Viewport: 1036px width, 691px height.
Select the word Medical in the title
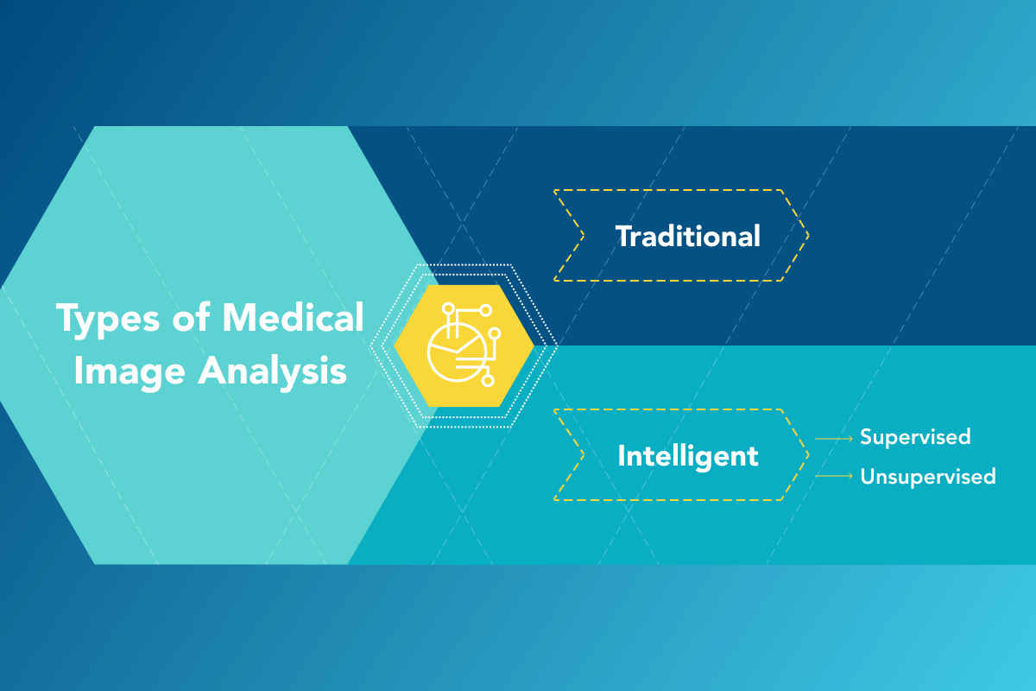pos(293,319)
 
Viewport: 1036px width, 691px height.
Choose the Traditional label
pos(687,236)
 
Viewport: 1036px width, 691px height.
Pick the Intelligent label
pos(687,456)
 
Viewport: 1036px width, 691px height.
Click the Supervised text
pos(915,437)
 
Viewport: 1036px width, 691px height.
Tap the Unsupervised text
pos(928,476)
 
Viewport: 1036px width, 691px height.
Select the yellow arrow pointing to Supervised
pos(833,439)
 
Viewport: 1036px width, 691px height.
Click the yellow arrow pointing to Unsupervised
pos(833,476)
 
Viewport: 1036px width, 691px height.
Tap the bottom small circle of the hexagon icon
pos(488,379)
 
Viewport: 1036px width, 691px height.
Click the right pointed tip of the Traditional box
pos(807,235)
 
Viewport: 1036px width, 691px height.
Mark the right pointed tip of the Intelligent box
pos(807,455)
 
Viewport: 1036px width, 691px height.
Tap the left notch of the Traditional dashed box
pos(584,235)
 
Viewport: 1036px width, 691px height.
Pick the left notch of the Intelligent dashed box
pos(584,455)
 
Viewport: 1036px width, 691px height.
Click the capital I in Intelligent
pos(622,456)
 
